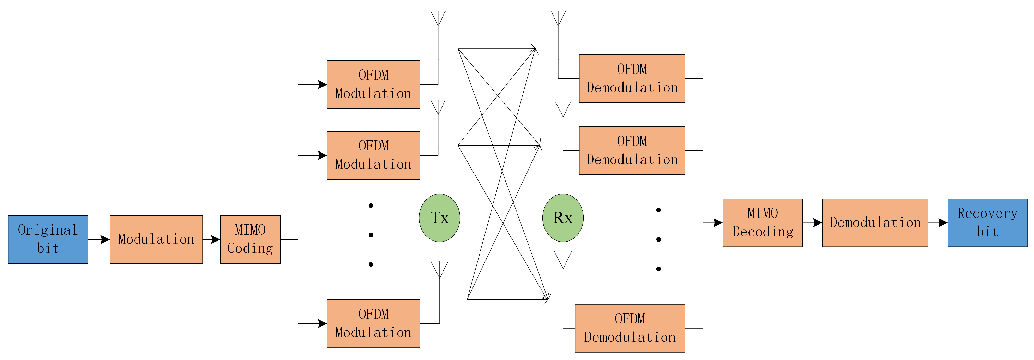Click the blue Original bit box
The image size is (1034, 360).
(x=48, y=239)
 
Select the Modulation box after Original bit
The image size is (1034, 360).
(x=156, y=239)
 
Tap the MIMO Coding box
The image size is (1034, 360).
(x=250, y=239)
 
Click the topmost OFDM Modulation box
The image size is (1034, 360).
(x=373, y=84)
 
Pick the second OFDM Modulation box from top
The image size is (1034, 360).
(x=373, y=155)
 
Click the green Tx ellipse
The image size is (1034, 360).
(x=440, y=218)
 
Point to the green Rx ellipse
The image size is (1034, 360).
(x=563, y=218)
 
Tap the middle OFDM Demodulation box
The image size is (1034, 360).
(x=632, y=150)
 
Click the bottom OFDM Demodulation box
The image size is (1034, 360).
(x=630, y=328)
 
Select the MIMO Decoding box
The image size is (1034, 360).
(x=762, y=222)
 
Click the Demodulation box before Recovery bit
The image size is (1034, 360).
(x=875, y=222)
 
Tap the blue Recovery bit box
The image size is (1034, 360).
(x=987, y=222)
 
